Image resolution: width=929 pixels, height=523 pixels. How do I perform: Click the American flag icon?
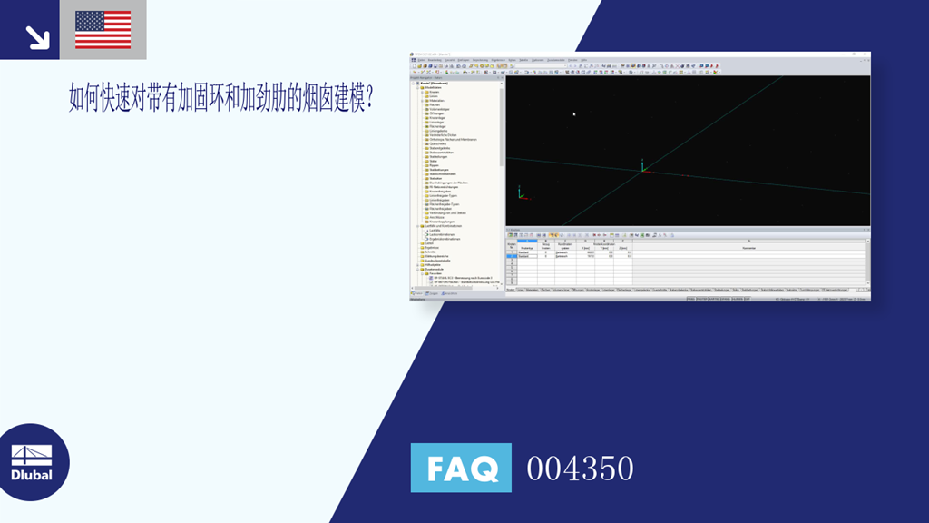(x=103, y=29)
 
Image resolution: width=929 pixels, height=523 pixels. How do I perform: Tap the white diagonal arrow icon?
(x=37, y=36)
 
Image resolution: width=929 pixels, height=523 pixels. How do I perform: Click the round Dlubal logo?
(x=33, y=461)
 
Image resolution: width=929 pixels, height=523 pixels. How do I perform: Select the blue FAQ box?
(x=461, y=468)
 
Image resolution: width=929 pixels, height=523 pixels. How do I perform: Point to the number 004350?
(x=580, y=469)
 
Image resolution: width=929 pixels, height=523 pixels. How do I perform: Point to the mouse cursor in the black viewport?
(x=573, y=113)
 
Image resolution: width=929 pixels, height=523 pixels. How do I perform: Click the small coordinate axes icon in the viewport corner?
(x=520, y=193)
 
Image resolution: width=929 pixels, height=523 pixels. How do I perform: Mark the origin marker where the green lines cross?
(x=643, y=168)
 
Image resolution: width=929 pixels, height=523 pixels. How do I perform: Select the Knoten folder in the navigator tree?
(x=435, y=93)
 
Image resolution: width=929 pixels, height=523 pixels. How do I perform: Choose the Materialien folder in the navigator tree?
(x=436, y=101)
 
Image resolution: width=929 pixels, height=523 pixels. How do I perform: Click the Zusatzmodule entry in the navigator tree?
(x=433, y=270)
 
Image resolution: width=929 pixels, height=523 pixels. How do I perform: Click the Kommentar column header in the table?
(x=748, y=248)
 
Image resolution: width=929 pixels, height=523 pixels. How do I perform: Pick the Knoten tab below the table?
(x=510, y=291)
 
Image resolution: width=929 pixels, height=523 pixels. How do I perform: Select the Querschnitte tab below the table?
(x=660, y=291)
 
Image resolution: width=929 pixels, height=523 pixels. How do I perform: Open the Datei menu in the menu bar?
(x=420, y=60)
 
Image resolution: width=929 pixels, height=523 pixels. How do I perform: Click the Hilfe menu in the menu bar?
(x=583, y=60)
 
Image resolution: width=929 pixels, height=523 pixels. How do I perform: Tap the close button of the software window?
(x=867, y=54)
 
